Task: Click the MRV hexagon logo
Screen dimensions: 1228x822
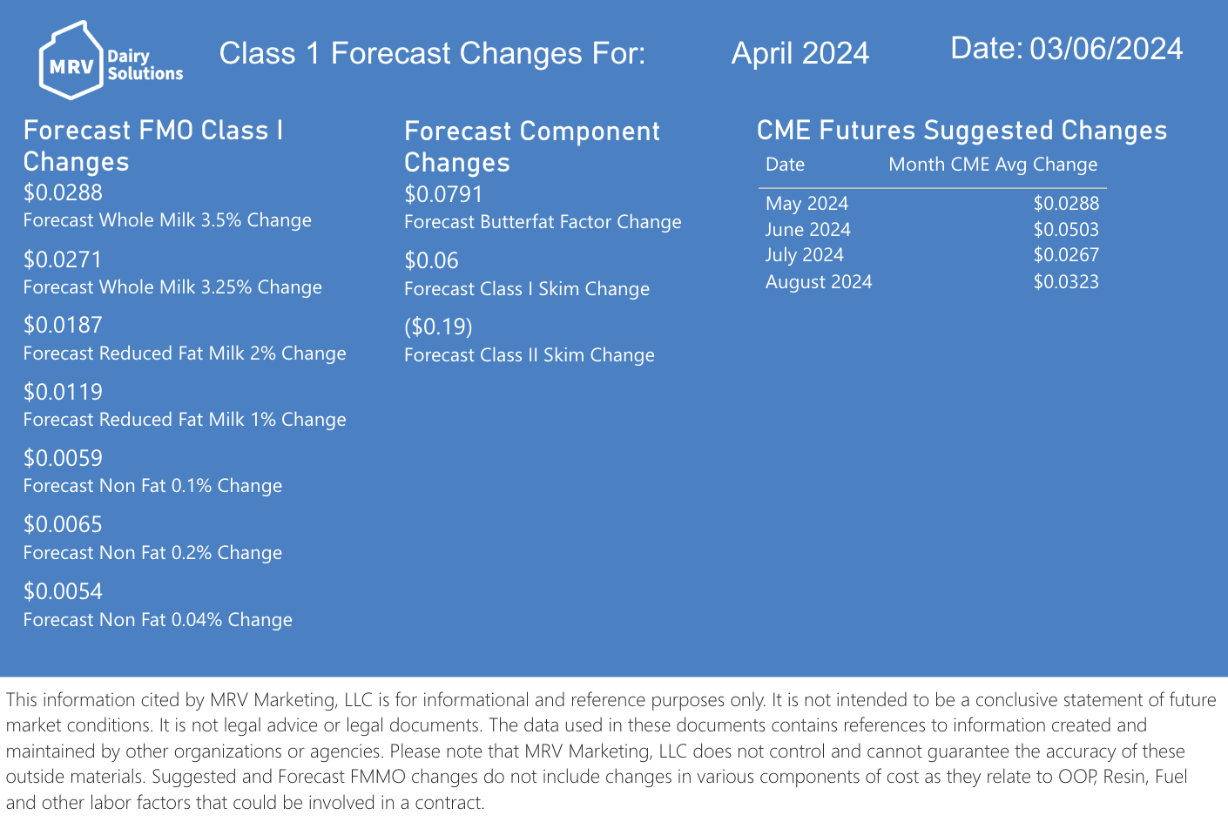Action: coord(71,60)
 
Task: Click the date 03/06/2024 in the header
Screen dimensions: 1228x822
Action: coord(1106,49)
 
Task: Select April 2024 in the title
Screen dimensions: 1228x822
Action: coord(800,53)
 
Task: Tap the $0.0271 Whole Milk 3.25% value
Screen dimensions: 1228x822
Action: coord(63,259)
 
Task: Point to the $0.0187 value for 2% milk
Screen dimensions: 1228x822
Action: coord(63,325)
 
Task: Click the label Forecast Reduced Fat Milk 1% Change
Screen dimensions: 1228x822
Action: coord(185,419)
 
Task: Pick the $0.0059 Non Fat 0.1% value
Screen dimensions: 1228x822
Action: coord(63,458)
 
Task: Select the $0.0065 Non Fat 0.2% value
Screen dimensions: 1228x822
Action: coord(63,524)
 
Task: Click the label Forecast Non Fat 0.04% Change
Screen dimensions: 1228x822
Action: coord(158,620)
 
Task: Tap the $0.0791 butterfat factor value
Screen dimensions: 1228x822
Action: coord(443,194)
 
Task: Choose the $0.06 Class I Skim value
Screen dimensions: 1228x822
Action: coord(431,261)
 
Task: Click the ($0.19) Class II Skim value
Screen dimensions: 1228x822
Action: coord(438,327)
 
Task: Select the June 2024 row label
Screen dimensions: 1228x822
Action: coord(807,229)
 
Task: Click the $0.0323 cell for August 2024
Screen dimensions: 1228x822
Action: coord(1066,281)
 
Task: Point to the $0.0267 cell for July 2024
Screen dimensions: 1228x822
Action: coord(1066,255)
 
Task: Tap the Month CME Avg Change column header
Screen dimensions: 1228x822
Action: coord(993,165)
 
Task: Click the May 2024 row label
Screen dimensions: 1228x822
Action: coord(806,203)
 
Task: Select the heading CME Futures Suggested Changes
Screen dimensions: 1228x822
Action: coord(962,131)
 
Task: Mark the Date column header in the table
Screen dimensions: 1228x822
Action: coord(785,165)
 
